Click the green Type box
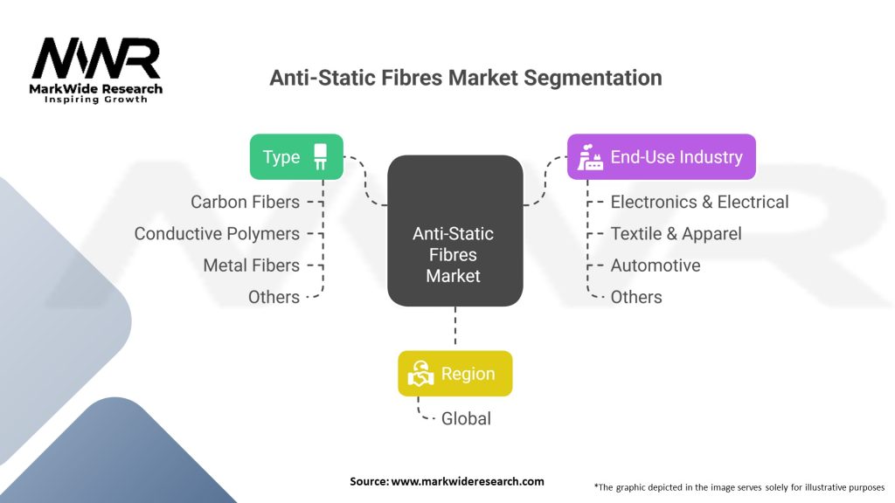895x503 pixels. (x=296, y=157)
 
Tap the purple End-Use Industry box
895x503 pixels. (x=661, y=157)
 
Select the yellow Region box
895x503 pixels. (x=454, y=374)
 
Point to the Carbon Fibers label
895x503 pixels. (x=245, y=202)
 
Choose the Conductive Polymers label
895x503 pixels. (x=217, y=233)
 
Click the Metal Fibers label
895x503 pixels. (x=251, y=265)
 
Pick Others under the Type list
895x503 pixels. (x=274, y=297)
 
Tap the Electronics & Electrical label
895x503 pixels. (x=699, y=202)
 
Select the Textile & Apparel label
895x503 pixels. (x=676, y=233)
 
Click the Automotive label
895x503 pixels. (x=655, y=265)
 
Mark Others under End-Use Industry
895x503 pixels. (x=635, y=297)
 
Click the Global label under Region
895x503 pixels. (x=466, y=418)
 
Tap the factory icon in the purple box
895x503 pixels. (x=591, y=157)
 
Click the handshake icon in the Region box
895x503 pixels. (x=422, y=374)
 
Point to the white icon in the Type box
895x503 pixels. (x=321, y=157)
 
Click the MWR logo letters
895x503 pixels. (x=96, y=59)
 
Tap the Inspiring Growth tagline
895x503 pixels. (x=96, y=100)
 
